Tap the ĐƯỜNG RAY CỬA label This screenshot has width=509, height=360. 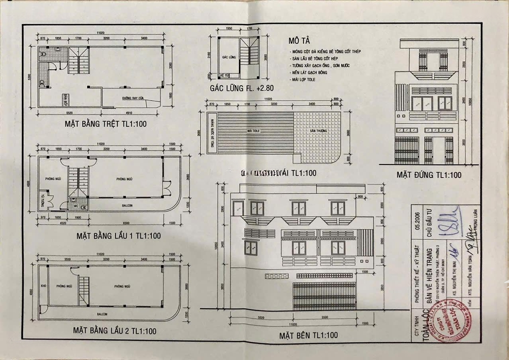tap(133, 98)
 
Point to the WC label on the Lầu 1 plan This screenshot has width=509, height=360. tap(75, 206)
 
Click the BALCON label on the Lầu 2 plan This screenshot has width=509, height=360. tap(102, 313)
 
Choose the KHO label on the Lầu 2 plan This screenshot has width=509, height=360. tap(43, 286)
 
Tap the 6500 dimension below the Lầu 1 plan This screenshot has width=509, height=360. tap(126, 222)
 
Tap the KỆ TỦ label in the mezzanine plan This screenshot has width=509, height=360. tap(224, 75)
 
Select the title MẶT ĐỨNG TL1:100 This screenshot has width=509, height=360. tap(429, 175)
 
